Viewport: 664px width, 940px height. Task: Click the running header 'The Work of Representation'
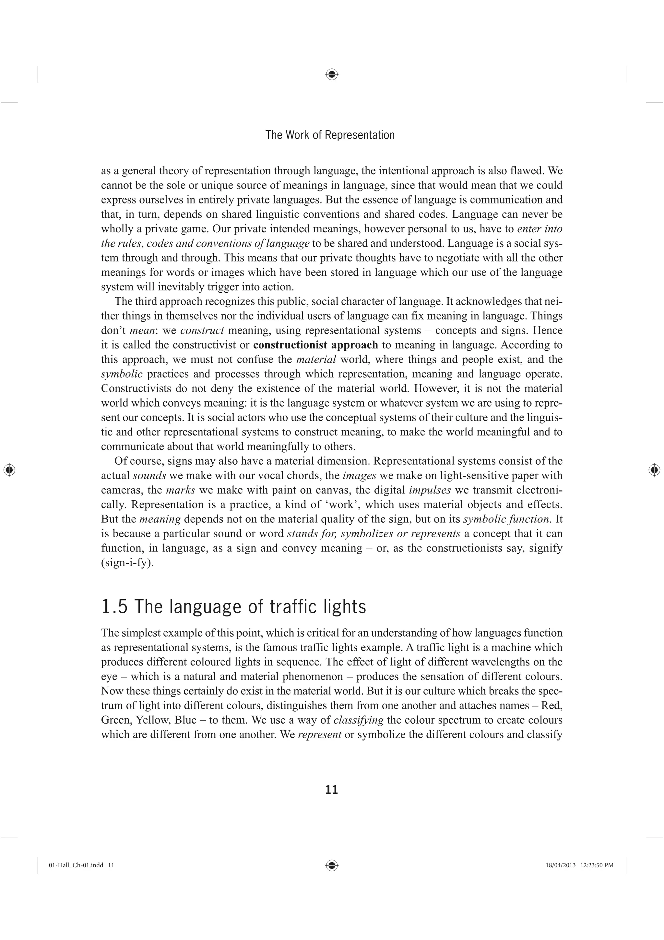pos(330,135)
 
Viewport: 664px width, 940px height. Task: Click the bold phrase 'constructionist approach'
pos(315,345)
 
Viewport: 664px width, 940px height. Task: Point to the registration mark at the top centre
pos(332,75)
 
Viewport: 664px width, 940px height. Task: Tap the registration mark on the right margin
pos(655,470)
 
